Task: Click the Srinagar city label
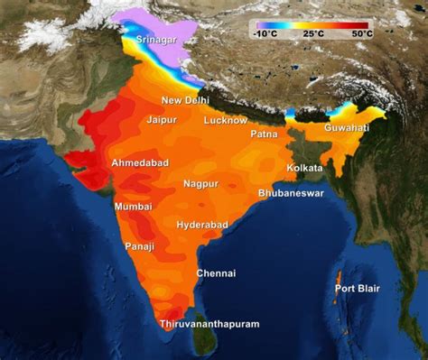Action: (x=157, y=41)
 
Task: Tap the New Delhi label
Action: (x=185, y=100)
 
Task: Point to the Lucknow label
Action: (x=225, y=120)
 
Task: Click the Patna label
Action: (x=264, y=134)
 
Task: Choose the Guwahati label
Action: (x=347, y=129)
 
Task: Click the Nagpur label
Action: (x=200, y=184)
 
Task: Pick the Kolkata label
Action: (x=304, y=169)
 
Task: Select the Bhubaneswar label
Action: (x=291, y=193)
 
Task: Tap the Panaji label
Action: (x=139, y=246)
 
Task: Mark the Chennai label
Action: (x=216, y=273)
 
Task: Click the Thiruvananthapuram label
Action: (x=209, y=324)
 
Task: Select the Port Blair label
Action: (x=358, y=289)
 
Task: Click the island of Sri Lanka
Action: (x=207, y=340)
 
